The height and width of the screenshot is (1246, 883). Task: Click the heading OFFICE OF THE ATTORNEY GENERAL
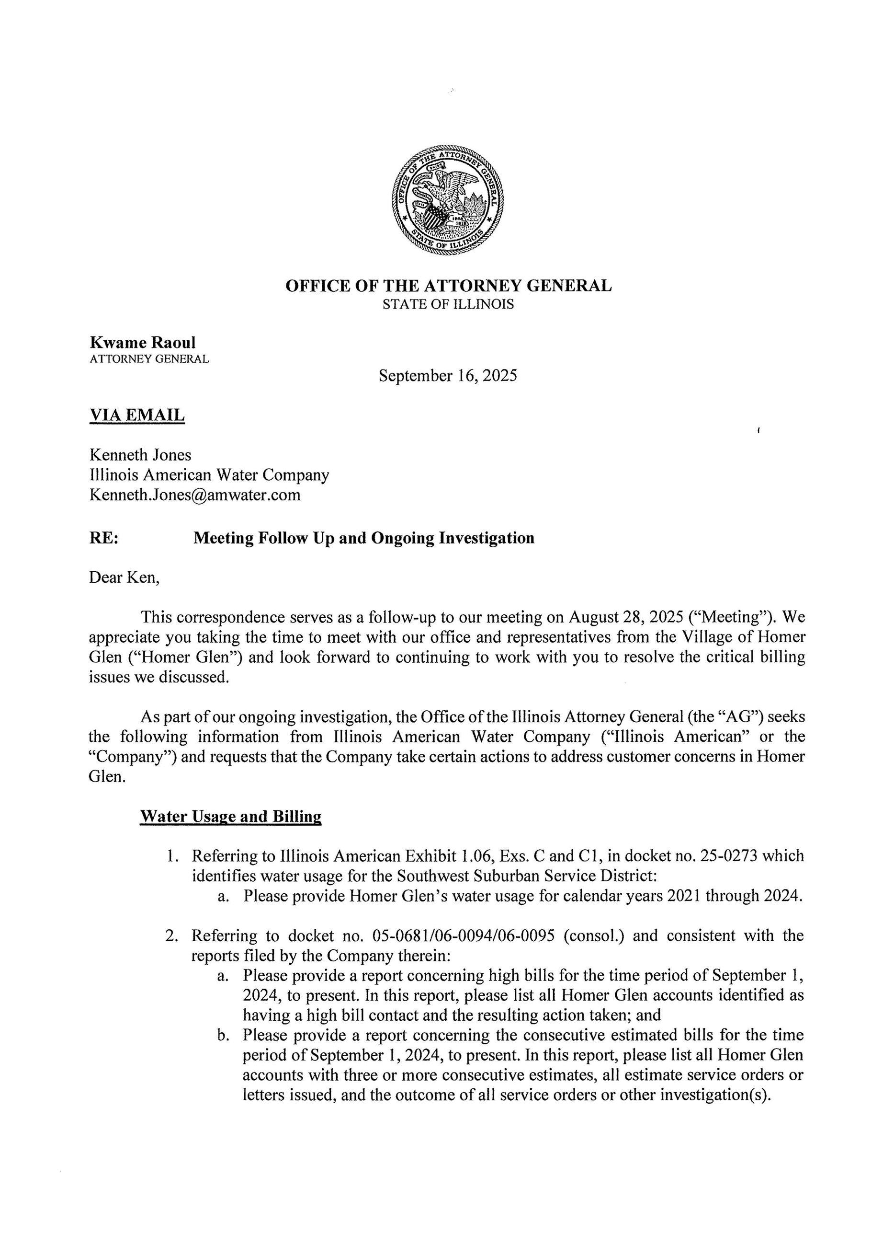[x=448, y=286]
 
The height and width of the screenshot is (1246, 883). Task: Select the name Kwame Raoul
[x=142, y=342]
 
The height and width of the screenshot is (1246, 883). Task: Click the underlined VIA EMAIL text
[x=137, y=415]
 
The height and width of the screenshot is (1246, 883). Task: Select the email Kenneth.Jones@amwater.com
[x=194, y=495]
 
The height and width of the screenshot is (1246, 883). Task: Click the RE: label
[x=104, y=538]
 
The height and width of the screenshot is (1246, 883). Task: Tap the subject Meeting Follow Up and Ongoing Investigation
[x=364, y=538]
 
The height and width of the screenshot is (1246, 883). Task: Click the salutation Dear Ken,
[x=125, y=577]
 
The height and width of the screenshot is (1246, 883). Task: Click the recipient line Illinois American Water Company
[x=209, y=475]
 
